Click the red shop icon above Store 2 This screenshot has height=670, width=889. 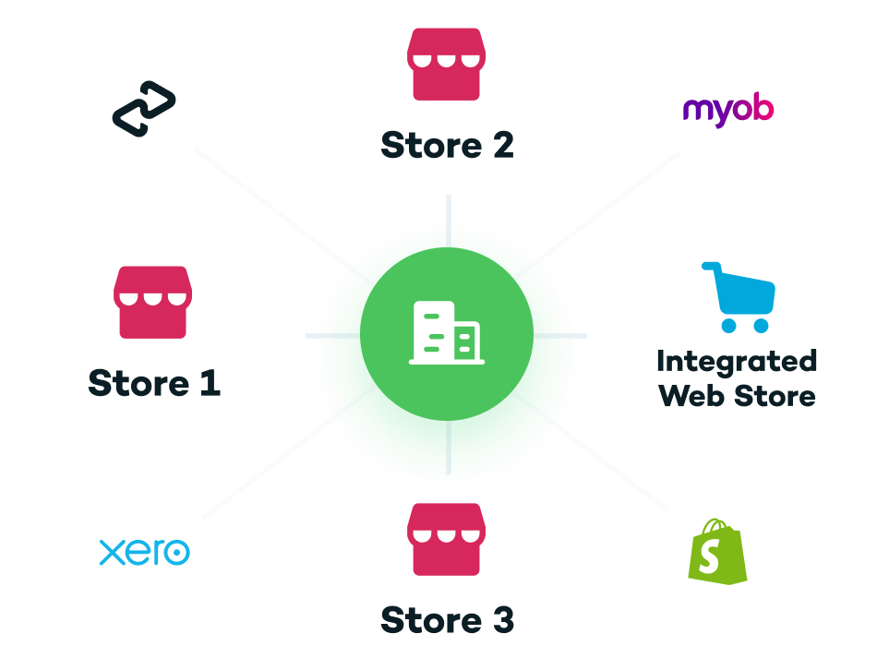tap(446, 64)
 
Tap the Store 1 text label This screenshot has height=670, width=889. tap(154, 383)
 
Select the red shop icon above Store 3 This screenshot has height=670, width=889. tap(446, 539)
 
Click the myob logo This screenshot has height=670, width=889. tap(728, 111)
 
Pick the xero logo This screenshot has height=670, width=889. tap(145, 552)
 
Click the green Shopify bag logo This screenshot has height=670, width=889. tap(717, 552)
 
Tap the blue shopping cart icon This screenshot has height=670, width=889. tap(739, 297)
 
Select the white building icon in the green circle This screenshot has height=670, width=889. tap(447, 333)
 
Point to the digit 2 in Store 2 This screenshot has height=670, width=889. tap(503, 145)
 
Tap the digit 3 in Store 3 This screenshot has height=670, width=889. tap(503, 620)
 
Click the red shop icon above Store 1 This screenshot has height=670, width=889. tap(152, 302)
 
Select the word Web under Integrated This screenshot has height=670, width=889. tap(691, 396)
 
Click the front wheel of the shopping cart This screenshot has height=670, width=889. tap(761, 326)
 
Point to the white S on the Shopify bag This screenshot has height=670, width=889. tap(709, 556)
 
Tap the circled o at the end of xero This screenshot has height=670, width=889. tap(176, 552)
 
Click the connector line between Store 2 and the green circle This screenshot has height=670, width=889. tap(449, 221)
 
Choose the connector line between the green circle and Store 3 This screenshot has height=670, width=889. tap(449, 448)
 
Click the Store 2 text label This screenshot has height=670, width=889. tap(448, 145)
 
